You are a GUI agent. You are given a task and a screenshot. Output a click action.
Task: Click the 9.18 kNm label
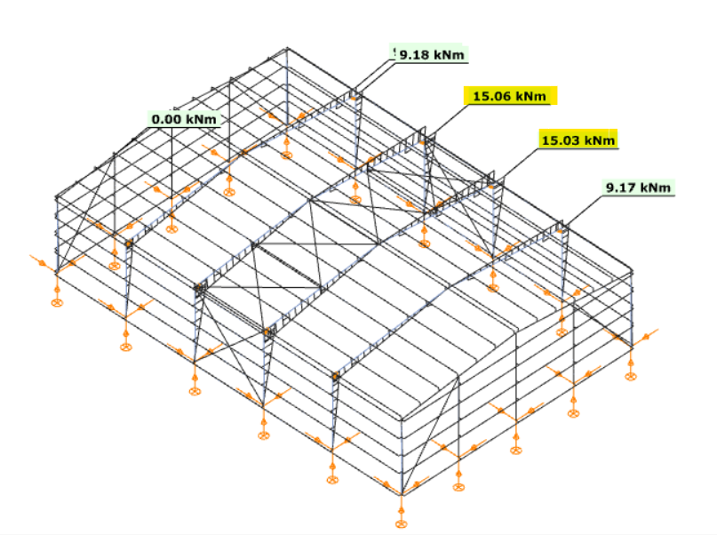(x=431, y=54)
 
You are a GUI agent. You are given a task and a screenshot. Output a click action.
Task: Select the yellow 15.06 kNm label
(x=510, y=96)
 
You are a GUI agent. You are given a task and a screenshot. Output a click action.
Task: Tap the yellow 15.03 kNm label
(x=578, y=140)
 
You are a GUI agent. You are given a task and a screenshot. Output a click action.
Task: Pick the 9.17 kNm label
(x=638, y=187)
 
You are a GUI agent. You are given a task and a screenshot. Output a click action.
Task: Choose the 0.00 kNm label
(x=184, y=119)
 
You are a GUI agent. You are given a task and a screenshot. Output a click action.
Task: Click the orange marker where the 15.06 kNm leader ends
(x=422, y=143)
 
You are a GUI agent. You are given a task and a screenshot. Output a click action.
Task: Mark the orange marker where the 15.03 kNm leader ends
(x=491, y=187)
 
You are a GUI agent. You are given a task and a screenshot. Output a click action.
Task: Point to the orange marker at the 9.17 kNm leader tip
(x=559, y=231)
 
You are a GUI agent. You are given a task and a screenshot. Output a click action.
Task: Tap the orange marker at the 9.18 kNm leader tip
(x=353, y=98)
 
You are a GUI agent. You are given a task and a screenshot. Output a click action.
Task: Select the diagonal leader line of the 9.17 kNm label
(x=582, y=212)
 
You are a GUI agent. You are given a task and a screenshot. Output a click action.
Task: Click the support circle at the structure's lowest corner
(x=401, y=523)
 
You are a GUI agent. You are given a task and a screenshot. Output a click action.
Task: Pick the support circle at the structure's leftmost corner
(x=57, y=302)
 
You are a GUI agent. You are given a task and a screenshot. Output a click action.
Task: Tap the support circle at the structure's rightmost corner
(x=631, y=376)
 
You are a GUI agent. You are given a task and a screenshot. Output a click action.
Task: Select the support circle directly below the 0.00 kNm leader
(x=171, y=228)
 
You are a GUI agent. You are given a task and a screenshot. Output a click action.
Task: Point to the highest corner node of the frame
(x=287, y=48)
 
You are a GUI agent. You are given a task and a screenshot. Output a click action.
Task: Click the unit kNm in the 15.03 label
(x=600, y=140)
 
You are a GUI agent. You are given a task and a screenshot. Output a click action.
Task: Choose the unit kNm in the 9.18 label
(x=449, y=54)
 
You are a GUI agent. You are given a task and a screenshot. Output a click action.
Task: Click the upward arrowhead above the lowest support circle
(x=401, y=508)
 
